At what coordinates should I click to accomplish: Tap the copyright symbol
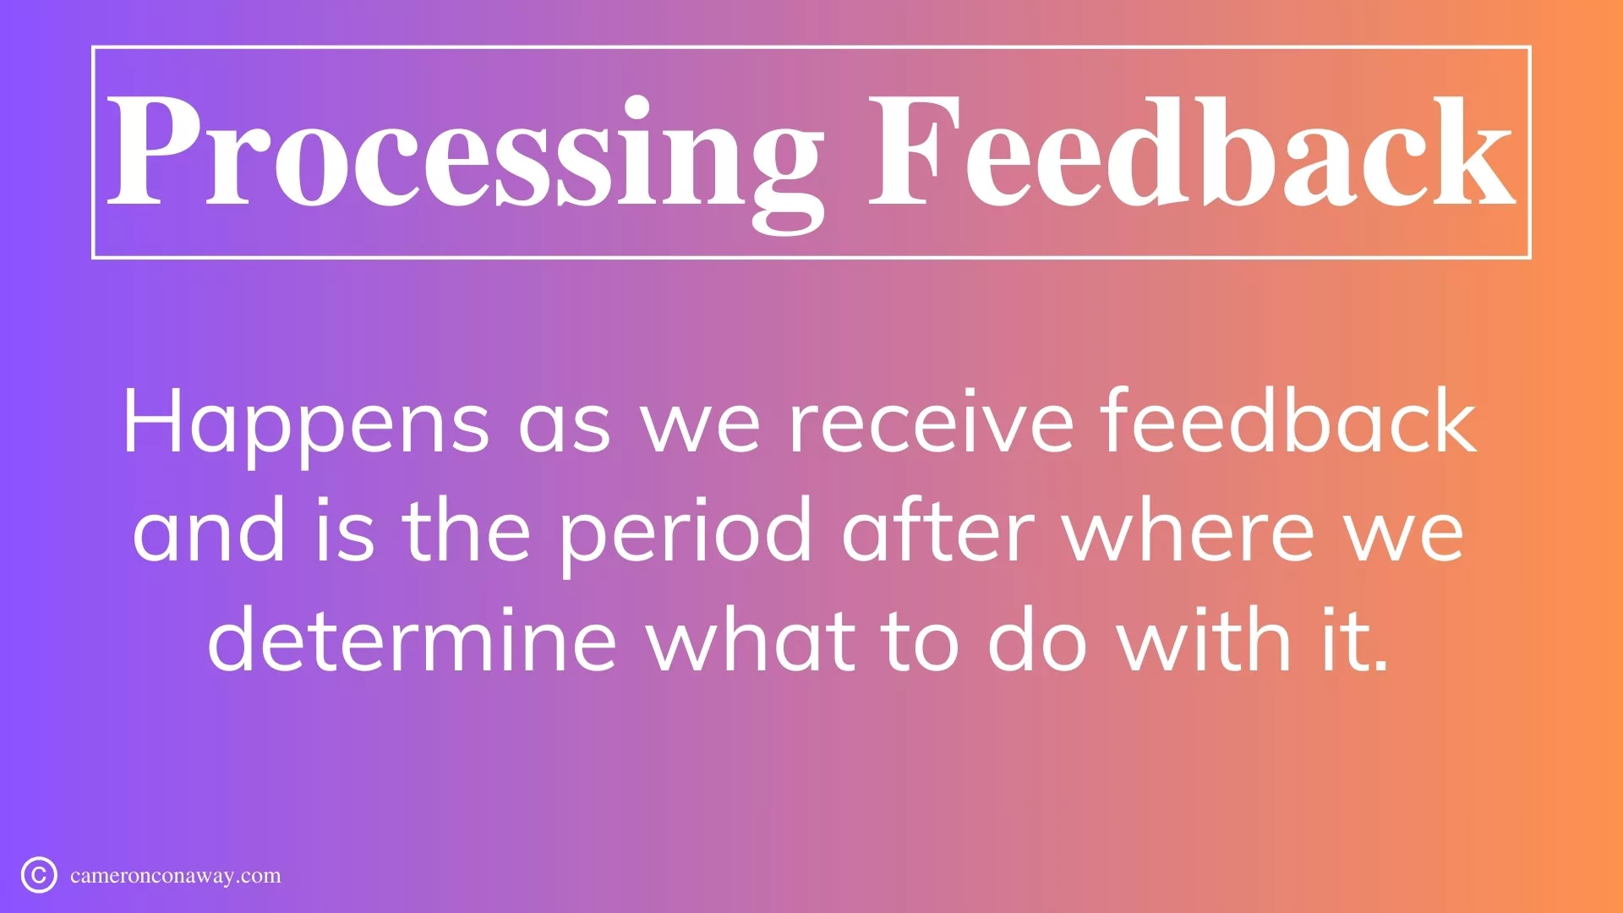[x=39, y=875]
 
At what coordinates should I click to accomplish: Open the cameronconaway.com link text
[x=176, y=876]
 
